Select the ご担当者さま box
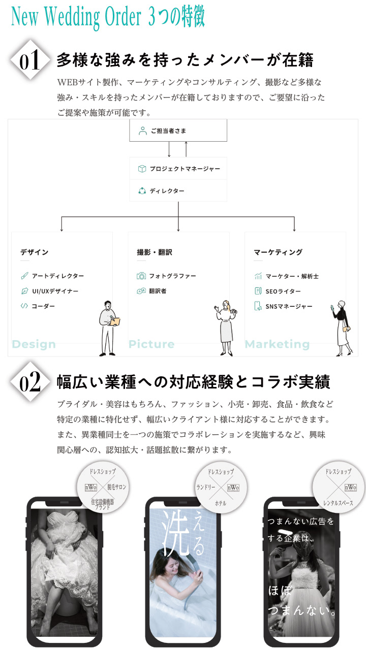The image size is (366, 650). pyautogui.click(x=178, y=131)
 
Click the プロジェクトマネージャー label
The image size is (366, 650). pyautogui.click(x=185, y=169)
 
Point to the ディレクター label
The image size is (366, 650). pyautogui.click(x=167, y=191)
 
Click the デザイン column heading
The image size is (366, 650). pyautogui.click(x=35, y=252)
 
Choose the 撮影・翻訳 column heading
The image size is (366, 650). pyautogui.click(x=155, y=252)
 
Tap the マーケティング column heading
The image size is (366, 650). pyautogui.click(x=278, y=252)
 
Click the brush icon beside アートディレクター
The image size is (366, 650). pyautogui.click(x=24, y=276)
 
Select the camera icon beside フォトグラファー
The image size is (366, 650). pyautogui.click(x=141, y=276)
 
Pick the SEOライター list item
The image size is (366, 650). pyautogui.click(x=283, y=291)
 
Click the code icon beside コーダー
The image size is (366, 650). pyautogui.click(x=24, y=306)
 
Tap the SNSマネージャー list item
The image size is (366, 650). pyautogui.click(x=289, y=306)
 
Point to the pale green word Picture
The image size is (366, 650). pyautogui.click(x=151, y=344)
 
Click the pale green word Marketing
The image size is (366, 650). pyautogui.click(x=277, y=344)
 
